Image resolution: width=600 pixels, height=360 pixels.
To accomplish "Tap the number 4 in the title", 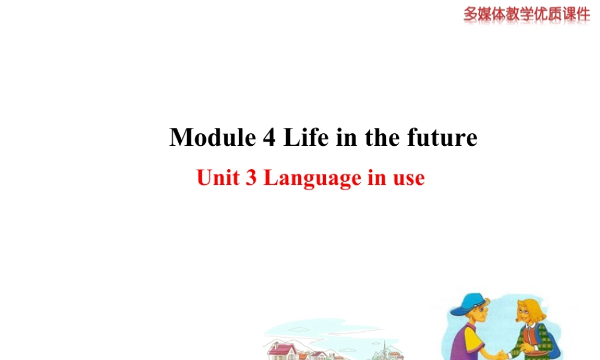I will [269, 138].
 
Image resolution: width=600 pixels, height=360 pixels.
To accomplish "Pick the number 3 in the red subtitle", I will [251, 178].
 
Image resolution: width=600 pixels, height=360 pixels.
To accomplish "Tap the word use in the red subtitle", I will [409, 178].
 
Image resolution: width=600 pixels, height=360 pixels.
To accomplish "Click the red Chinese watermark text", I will [526, 14].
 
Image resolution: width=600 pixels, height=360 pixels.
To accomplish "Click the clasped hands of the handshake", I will [501, 354].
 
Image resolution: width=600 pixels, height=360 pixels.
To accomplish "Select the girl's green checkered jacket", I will [531, 342].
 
